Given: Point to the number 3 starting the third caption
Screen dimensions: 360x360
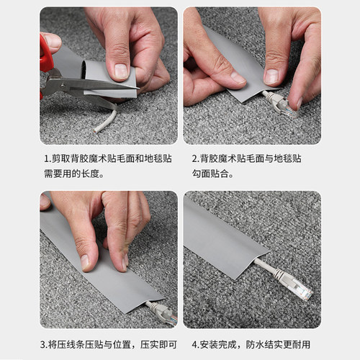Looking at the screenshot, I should (43, 344).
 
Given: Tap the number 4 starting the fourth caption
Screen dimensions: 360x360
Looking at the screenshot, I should (194, 344).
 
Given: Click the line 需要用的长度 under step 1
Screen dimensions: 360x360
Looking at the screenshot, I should (72, 174).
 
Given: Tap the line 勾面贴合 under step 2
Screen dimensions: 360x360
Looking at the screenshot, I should (216, 174).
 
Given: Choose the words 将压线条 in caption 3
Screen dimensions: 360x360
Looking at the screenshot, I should (65, 344).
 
